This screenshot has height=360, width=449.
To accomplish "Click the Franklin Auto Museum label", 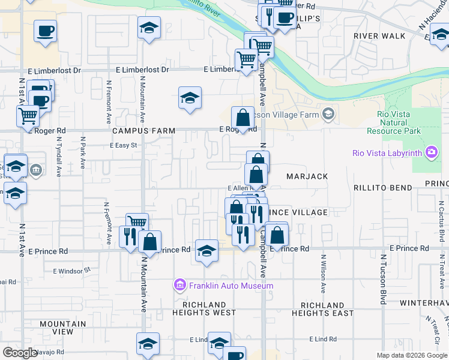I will point(231,286).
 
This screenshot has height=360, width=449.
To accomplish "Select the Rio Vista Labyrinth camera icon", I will point(431,152).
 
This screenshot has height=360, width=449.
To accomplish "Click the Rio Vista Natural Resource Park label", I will point(399,122).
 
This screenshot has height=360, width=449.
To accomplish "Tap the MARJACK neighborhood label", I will point(307,176).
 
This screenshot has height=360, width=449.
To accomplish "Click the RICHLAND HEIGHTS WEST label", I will point(204,309).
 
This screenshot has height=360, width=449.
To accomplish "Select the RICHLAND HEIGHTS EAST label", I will point(323,309).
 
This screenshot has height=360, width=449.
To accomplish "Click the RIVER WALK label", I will point(379,36).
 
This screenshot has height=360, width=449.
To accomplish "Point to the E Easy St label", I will point(124,145).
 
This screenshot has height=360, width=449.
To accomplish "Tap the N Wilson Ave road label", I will point(323,277).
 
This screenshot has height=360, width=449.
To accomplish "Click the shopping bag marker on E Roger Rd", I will point(243,118).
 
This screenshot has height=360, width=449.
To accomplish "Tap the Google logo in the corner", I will point(20,353).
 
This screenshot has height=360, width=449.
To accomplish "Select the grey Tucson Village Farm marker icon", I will point(328,113).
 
